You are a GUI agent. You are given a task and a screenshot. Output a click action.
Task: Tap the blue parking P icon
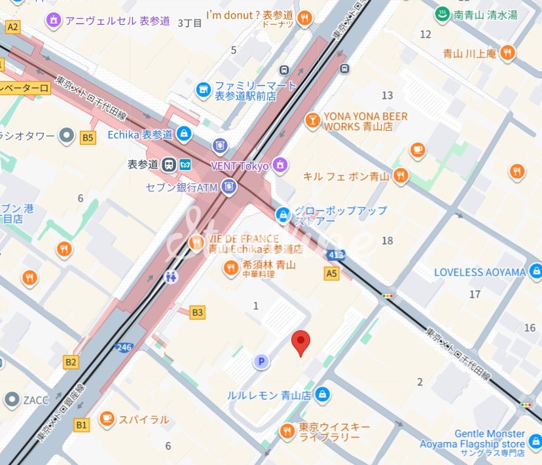click(x=261, y=362)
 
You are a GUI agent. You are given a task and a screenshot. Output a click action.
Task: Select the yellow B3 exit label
click(x=198, y=313)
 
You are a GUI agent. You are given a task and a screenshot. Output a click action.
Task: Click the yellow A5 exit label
click(x=332, y=273)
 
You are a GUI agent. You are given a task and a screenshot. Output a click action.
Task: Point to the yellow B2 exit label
click(x=71, y=362)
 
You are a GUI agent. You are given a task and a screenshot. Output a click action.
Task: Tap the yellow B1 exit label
click(x=81, y=425)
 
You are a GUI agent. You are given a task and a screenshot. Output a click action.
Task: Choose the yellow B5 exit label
click(x=88, y=137)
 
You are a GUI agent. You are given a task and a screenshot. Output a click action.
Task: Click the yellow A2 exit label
click(x=13, y=27)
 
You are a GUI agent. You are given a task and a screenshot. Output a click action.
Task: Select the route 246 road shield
click(x=123, y=347)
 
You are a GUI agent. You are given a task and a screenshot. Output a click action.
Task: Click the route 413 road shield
click(x=336, y=254)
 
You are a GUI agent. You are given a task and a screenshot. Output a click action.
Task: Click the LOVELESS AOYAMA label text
click(x=480, y=272)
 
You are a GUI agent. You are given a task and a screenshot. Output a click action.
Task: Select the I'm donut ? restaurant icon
click(x=304, y=19)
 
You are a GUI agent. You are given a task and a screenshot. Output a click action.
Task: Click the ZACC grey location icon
click(x=11, y=399)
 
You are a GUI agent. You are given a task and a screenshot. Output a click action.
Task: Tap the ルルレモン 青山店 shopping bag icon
click(x=322, y=394)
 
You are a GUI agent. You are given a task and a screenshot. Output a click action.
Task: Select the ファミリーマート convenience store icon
click(x=204, y=88)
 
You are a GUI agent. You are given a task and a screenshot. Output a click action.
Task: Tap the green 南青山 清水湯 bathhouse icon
click(x=442, y=14)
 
